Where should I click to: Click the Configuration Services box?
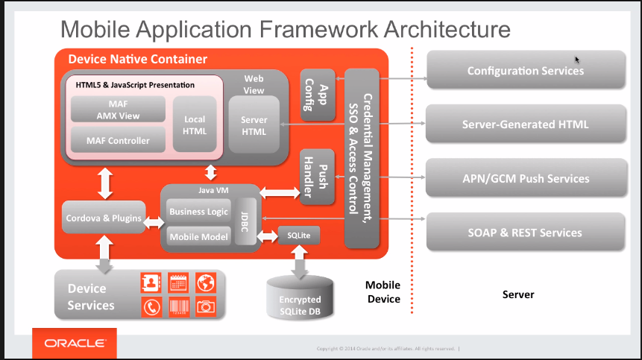525,71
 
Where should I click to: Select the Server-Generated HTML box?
525,124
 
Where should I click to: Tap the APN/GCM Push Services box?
525,178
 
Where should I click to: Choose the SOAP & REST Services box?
525,233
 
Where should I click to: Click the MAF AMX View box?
116,110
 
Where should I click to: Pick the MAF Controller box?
117,140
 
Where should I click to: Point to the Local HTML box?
194,124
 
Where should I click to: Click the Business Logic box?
198,212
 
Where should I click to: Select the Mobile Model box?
198,236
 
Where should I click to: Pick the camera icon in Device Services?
205,306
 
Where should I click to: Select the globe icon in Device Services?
205,282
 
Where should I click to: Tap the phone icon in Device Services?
151,306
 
